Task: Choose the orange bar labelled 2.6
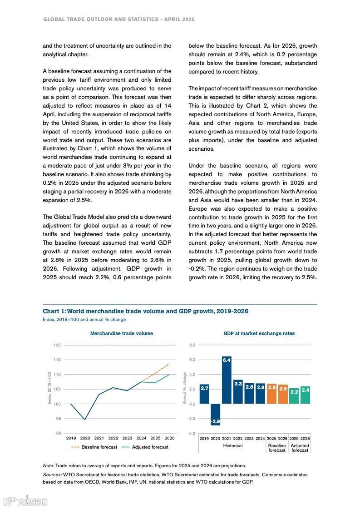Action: (x=282, y=394)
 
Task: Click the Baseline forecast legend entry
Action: (x=94, y=447)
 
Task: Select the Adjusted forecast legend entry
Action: (x=145, y=447)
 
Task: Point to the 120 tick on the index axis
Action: (x=57, y=345)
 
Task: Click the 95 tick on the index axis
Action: (x=58, y=419)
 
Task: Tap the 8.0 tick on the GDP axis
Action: (x=192, y=345)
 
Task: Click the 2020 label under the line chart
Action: (x=85, y=438)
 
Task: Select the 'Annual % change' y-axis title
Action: (x=184, y=388)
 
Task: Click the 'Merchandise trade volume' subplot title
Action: (x=121, y=333)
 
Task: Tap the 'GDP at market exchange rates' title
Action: (x=259, y=333)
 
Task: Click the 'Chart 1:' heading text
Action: (x=54, y=311)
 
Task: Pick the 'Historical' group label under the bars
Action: (x=233, y=446)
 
